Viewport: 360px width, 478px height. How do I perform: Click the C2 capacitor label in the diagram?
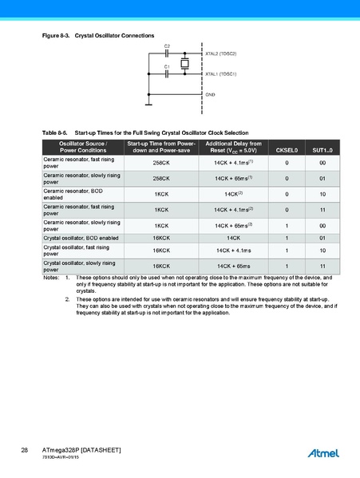[x=167, y=46]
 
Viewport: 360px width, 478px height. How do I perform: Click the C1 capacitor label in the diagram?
[x=167, y=66]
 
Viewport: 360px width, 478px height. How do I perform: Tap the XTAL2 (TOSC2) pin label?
[x=221, y=53]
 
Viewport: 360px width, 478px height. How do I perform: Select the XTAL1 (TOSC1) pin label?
[x=221, y=73]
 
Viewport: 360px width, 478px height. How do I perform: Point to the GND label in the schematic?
[x=211, y=94]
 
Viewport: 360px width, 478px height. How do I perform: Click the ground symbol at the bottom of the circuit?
[x=148, y=101]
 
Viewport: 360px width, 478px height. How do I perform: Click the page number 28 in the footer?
[x=25, y=452]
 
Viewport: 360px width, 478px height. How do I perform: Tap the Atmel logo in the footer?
[x=323, y=453]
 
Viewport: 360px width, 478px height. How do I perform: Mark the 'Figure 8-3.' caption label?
[x=56, y=37]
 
